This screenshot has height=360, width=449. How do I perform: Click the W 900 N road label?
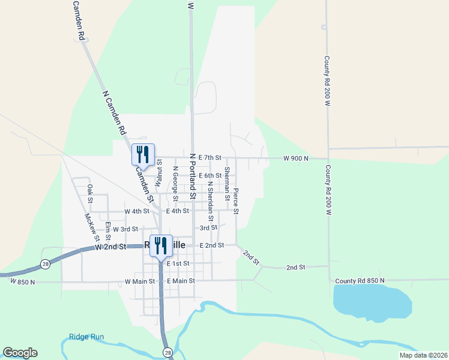pos(296,158)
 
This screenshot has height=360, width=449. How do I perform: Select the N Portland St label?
pos(193,176)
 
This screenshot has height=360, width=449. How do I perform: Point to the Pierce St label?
pos(236,201)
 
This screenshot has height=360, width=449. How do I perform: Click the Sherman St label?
pos(227,184)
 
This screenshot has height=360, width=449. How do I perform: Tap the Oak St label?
pos(90,193)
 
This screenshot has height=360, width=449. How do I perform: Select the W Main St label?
pos(139,281)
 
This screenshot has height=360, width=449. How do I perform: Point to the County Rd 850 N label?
pos(360,281)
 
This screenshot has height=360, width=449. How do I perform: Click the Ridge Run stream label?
pos(86,337)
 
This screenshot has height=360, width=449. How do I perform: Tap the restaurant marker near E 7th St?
pos(143,154)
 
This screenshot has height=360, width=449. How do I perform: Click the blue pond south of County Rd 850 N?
pos(372,302)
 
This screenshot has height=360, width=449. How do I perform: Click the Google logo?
pos(20,353)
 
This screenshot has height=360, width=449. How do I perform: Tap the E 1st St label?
pos(178,263)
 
